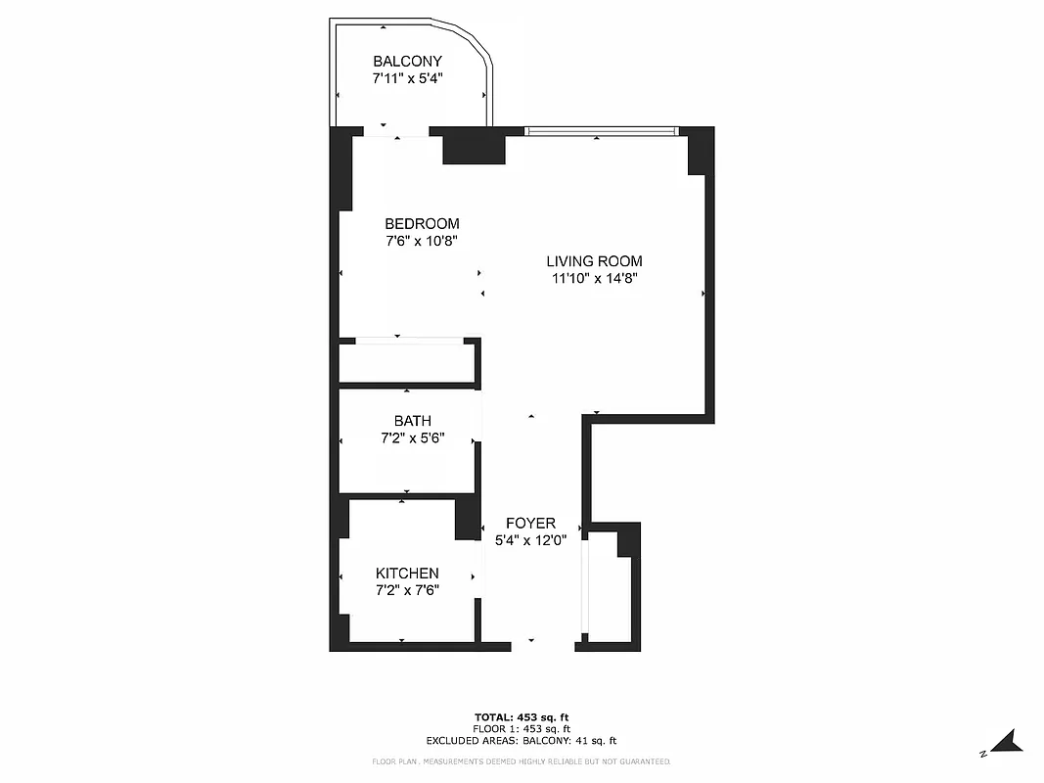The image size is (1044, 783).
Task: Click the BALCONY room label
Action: [407, 62]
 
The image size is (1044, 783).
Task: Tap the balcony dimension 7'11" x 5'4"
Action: [407, 79]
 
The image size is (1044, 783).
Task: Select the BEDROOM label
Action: [422, 224]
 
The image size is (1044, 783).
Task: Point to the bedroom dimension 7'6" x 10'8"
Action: [422, 241]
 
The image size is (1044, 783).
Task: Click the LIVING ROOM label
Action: [594, 261]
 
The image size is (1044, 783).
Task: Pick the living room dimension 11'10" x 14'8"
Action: [594, 278]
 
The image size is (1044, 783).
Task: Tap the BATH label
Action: [412, 421]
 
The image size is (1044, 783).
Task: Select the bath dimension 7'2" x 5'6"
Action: [412, 438]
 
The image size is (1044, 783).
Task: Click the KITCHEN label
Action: [407, 574]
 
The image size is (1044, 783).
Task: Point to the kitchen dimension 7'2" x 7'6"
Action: [407, 590]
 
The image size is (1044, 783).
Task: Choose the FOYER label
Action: [530, 524]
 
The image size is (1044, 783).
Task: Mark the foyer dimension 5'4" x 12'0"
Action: [530, 540]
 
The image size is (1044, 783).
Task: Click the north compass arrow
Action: [1007, 740]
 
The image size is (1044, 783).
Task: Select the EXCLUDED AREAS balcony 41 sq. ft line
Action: [522, 741]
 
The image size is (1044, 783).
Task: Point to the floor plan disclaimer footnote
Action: [522, 761]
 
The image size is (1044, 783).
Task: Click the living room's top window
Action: [601, 131]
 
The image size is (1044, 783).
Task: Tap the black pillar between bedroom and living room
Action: [474, 148]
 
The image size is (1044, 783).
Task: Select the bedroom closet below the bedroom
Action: [406, 362]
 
